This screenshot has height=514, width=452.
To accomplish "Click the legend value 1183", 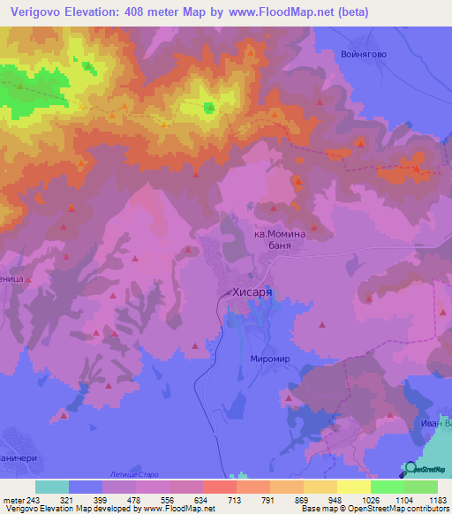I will [x=436, y=499].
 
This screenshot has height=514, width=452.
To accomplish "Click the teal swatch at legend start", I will [x=51, y=487].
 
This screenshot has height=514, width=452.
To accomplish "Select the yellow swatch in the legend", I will [x=353, y=487].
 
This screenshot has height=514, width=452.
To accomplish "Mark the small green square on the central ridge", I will [x=209, y=109].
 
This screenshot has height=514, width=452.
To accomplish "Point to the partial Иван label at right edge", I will [x=436, y=424].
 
